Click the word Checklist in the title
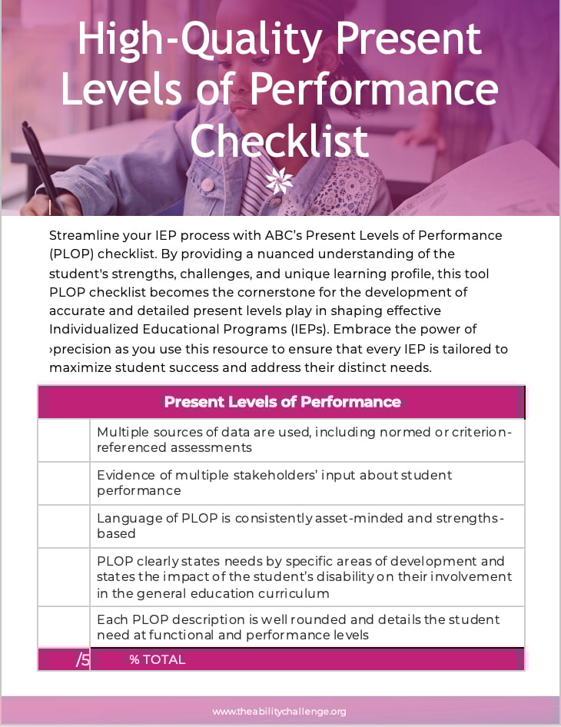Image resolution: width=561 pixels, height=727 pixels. click(280, 140)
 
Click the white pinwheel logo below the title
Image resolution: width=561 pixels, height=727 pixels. click(279, 181)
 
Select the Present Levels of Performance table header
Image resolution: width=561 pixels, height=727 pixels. click(282, 402)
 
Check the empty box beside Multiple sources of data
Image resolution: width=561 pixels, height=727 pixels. click(64, 440)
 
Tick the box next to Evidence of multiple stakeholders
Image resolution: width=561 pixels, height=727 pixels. click(64, 483)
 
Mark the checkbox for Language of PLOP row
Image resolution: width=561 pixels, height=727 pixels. click(64, 526)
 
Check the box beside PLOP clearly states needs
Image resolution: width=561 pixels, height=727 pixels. click(64, 577)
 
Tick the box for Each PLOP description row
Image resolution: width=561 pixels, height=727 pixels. click(64, 627)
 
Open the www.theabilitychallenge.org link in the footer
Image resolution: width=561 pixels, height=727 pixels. click(279, 712)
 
